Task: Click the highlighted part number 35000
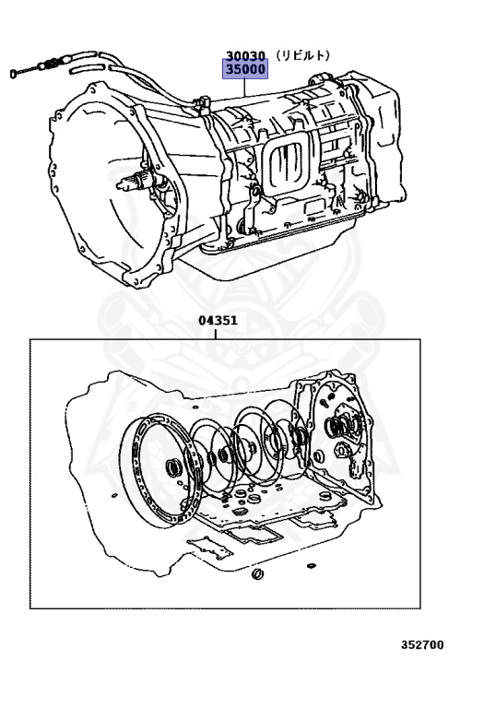point(245,69)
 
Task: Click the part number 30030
point(245,55)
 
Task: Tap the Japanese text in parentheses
point(303,55)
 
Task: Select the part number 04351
point(218,320)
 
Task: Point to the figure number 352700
point(422,644)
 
